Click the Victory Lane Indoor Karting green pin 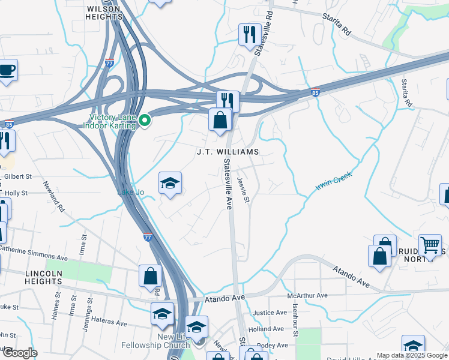click(x=144, y=122)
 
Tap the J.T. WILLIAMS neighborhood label click(x=228, y=152)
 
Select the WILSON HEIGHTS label click(x=104, y=13)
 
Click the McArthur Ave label click(x=307, y=295)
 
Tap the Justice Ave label click(x=270, y=313)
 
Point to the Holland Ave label click(x=266, y=329)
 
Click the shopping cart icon click(x=430, y=245)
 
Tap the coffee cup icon click(x=7, y=70)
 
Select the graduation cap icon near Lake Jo click(x=170, y=184)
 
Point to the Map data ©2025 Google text click(x=411, y=355)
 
